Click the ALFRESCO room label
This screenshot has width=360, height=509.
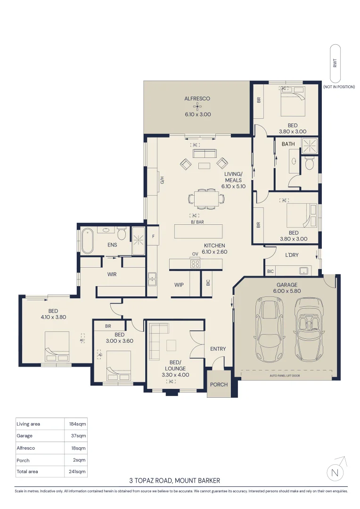tap(197, 99)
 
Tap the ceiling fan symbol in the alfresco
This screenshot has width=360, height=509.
tap(197, 106)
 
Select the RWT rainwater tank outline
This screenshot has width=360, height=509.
tap(335, 63)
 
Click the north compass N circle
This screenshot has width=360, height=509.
tap(335, 473)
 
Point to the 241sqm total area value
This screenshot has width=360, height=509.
tap(77, 471)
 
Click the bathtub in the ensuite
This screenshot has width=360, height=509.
tap(87, 241)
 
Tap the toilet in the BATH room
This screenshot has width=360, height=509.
tap(310, 163)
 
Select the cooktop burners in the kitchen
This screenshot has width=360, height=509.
tap(195, 263)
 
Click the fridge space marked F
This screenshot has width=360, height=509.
tap(153, 236)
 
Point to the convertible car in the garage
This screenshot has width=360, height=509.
tap(309, 329)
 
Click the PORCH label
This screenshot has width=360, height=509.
tap(219, 385)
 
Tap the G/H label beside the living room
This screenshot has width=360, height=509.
tap(162, 180)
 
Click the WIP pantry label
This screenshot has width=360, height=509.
tap(179, 285)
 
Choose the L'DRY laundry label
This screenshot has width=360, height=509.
tap(292, 255)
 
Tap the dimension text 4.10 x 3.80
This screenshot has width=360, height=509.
tap(53, 317)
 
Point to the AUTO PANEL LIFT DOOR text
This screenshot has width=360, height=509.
tap(285, 376)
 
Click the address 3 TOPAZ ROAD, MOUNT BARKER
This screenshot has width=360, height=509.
tap(175, 481)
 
